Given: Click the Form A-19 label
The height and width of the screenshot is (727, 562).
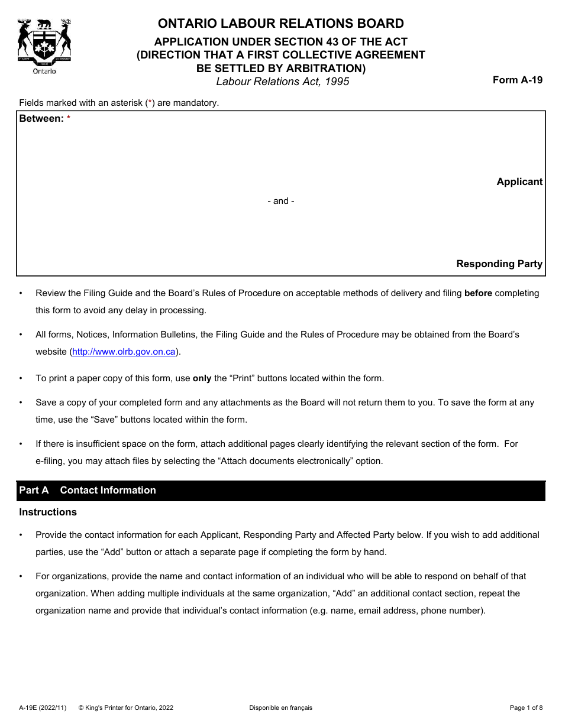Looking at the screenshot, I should [x=517, y=80].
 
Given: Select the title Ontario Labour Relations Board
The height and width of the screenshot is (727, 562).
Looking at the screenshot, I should [x=280, y=24].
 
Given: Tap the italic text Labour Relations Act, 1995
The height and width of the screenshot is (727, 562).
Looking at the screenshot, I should [x=282, y=82].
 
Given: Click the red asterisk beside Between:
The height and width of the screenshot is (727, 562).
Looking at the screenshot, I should [x=69, y=119].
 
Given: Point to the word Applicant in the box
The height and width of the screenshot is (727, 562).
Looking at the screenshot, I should [x=519, y=182].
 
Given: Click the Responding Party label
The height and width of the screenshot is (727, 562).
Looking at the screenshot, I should [x=499, y=264].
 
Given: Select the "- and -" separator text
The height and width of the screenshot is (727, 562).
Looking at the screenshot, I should [x=280, y=201].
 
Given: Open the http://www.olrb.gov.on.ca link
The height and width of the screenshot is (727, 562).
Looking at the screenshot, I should [x=124, y=352].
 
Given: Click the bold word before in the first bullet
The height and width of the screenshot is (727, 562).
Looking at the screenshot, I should [x=478, y=293].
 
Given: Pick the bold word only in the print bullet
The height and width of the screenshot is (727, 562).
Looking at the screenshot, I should [x=202, y=378].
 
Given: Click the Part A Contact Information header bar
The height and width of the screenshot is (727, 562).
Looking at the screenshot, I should [x=280, y=491].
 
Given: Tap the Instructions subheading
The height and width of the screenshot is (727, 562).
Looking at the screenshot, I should [x=48, y=512].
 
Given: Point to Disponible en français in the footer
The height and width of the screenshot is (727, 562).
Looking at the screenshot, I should [x=280, y=707].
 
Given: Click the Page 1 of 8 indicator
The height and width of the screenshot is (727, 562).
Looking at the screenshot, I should [x=526, y=707].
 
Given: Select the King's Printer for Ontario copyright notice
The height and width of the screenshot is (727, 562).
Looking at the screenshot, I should [x=126, y=707].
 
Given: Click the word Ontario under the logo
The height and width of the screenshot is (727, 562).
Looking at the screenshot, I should [x=44, y=71].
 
